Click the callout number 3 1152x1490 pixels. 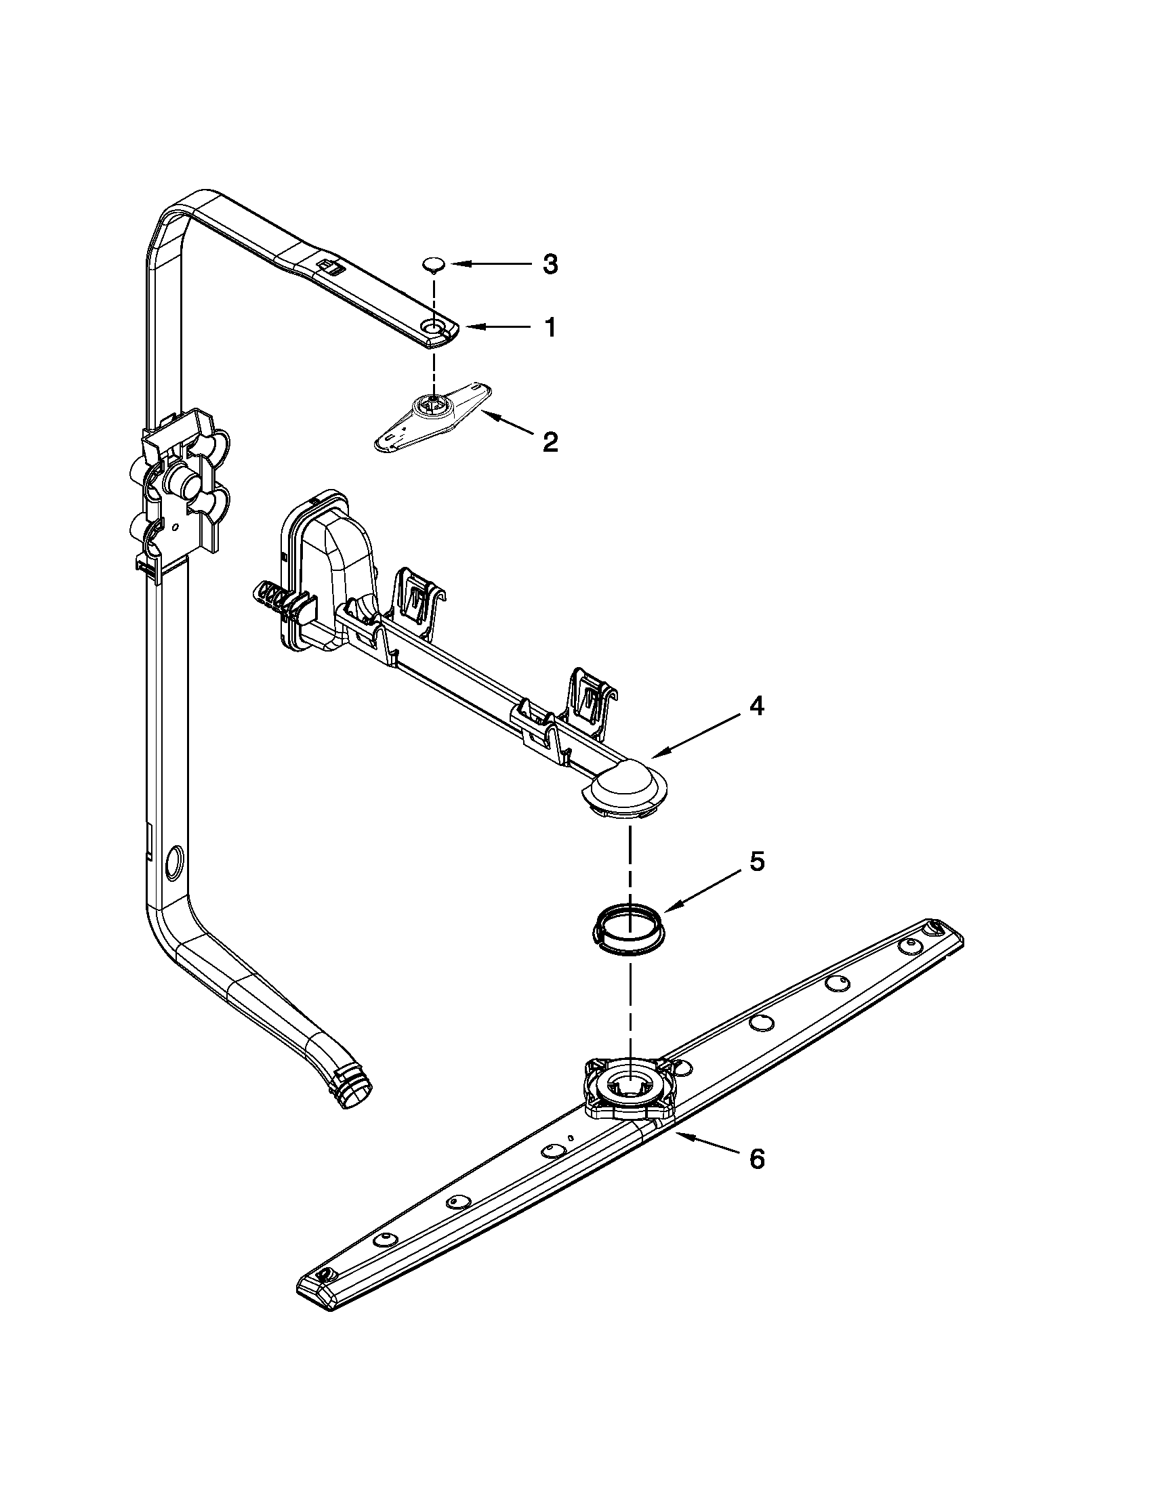pos(550,264)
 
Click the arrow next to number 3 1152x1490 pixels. pos(489,263)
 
